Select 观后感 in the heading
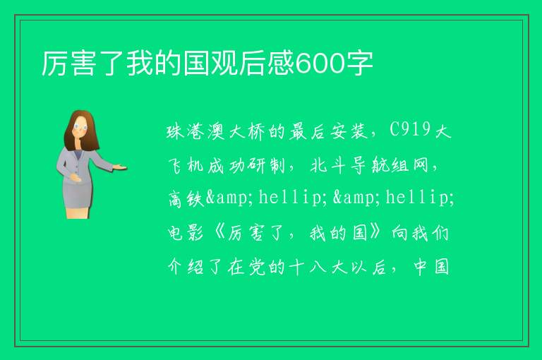pos(253,64)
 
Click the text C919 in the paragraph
pos(410,130)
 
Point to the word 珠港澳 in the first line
pos(196,131)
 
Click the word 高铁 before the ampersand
pos(186,199)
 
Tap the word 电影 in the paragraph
pos(186,233)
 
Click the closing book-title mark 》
pos(375,233)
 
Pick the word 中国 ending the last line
pos(431,267)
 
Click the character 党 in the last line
pos(257,267)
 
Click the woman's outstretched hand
pos(120,167)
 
